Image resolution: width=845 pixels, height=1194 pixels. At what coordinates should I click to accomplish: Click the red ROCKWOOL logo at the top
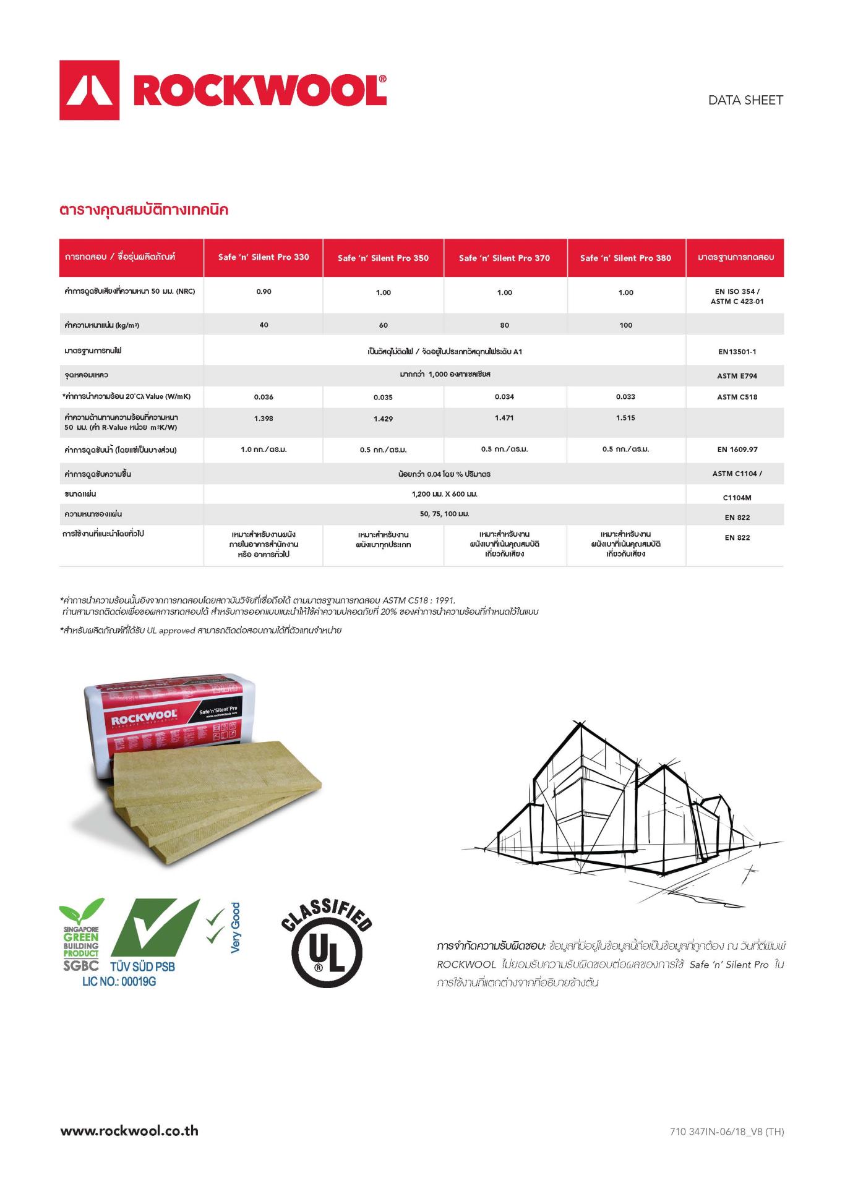[223, 90]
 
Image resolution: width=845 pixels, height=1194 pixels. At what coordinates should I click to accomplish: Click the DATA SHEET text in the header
[745, 100]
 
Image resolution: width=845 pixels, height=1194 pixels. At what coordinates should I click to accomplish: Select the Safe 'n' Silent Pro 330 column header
[264, 257]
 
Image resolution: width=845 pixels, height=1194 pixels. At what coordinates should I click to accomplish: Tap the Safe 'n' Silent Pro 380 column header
[625, 258]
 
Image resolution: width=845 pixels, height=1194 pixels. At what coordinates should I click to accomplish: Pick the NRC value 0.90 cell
[264, 292]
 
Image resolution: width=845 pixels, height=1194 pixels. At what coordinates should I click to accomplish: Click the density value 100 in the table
[625, 325]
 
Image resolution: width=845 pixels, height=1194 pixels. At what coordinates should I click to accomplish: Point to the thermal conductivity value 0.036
[264, 397]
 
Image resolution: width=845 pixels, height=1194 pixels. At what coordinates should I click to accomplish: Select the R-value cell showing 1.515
[625, 418]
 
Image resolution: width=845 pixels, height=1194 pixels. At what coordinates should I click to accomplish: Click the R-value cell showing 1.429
[383, 419]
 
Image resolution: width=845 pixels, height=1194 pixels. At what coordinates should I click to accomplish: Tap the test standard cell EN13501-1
[737, 352]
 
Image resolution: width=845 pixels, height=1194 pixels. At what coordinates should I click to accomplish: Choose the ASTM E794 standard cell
[737, 376]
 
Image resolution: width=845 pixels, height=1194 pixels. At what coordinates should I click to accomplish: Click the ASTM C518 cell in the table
[737, 397]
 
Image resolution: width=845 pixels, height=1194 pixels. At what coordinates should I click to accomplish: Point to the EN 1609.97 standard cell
[737, 450]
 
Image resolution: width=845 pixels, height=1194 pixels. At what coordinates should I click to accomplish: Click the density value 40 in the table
[264, 325]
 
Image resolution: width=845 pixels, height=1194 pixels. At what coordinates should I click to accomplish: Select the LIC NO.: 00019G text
[119, 982]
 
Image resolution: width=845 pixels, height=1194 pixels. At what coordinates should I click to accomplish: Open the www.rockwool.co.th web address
[129, 1131]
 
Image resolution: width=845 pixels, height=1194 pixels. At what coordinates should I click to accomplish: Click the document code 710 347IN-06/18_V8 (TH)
[726, 1132]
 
